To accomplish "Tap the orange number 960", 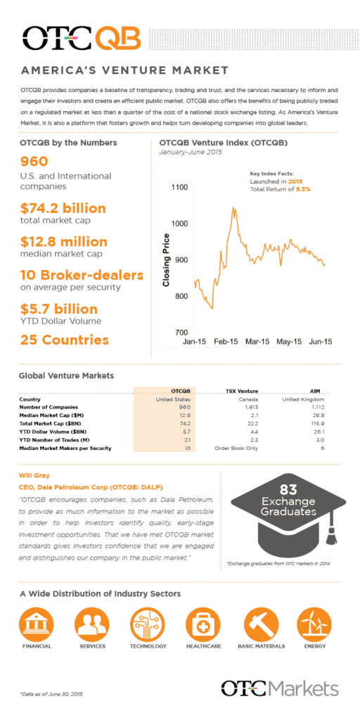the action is pyautogui.click(x=34, y=162).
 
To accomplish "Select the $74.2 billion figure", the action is pyautogui.click(x=63, y=208).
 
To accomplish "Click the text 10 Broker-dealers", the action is pyautogui.click(x=82, y=275).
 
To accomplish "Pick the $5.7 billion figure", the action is pyautogui.click(x=59, y=309).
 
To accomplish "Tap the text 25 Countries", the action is pyautogui.click(x=65, y=340).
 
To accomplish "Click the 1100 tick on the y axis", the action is pyautogui.click(x=178, y=188).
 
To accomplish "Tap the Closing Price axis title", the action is pyautogui.click(x=167, y=259).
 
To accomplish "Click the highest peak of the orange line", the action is pyautogui.click(x=234, y=208).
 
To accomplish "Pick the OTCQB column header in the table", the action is pyautogui.click(x=181, y=390).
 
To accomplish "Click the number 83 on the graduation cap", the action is pyautogui.click(x=288, y=489).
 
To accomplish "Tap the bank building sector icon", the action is pyautogui.click(x=37, y=624).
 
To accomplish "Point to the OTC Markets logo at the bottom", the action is pyautogui.click(x=280, y=688).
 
